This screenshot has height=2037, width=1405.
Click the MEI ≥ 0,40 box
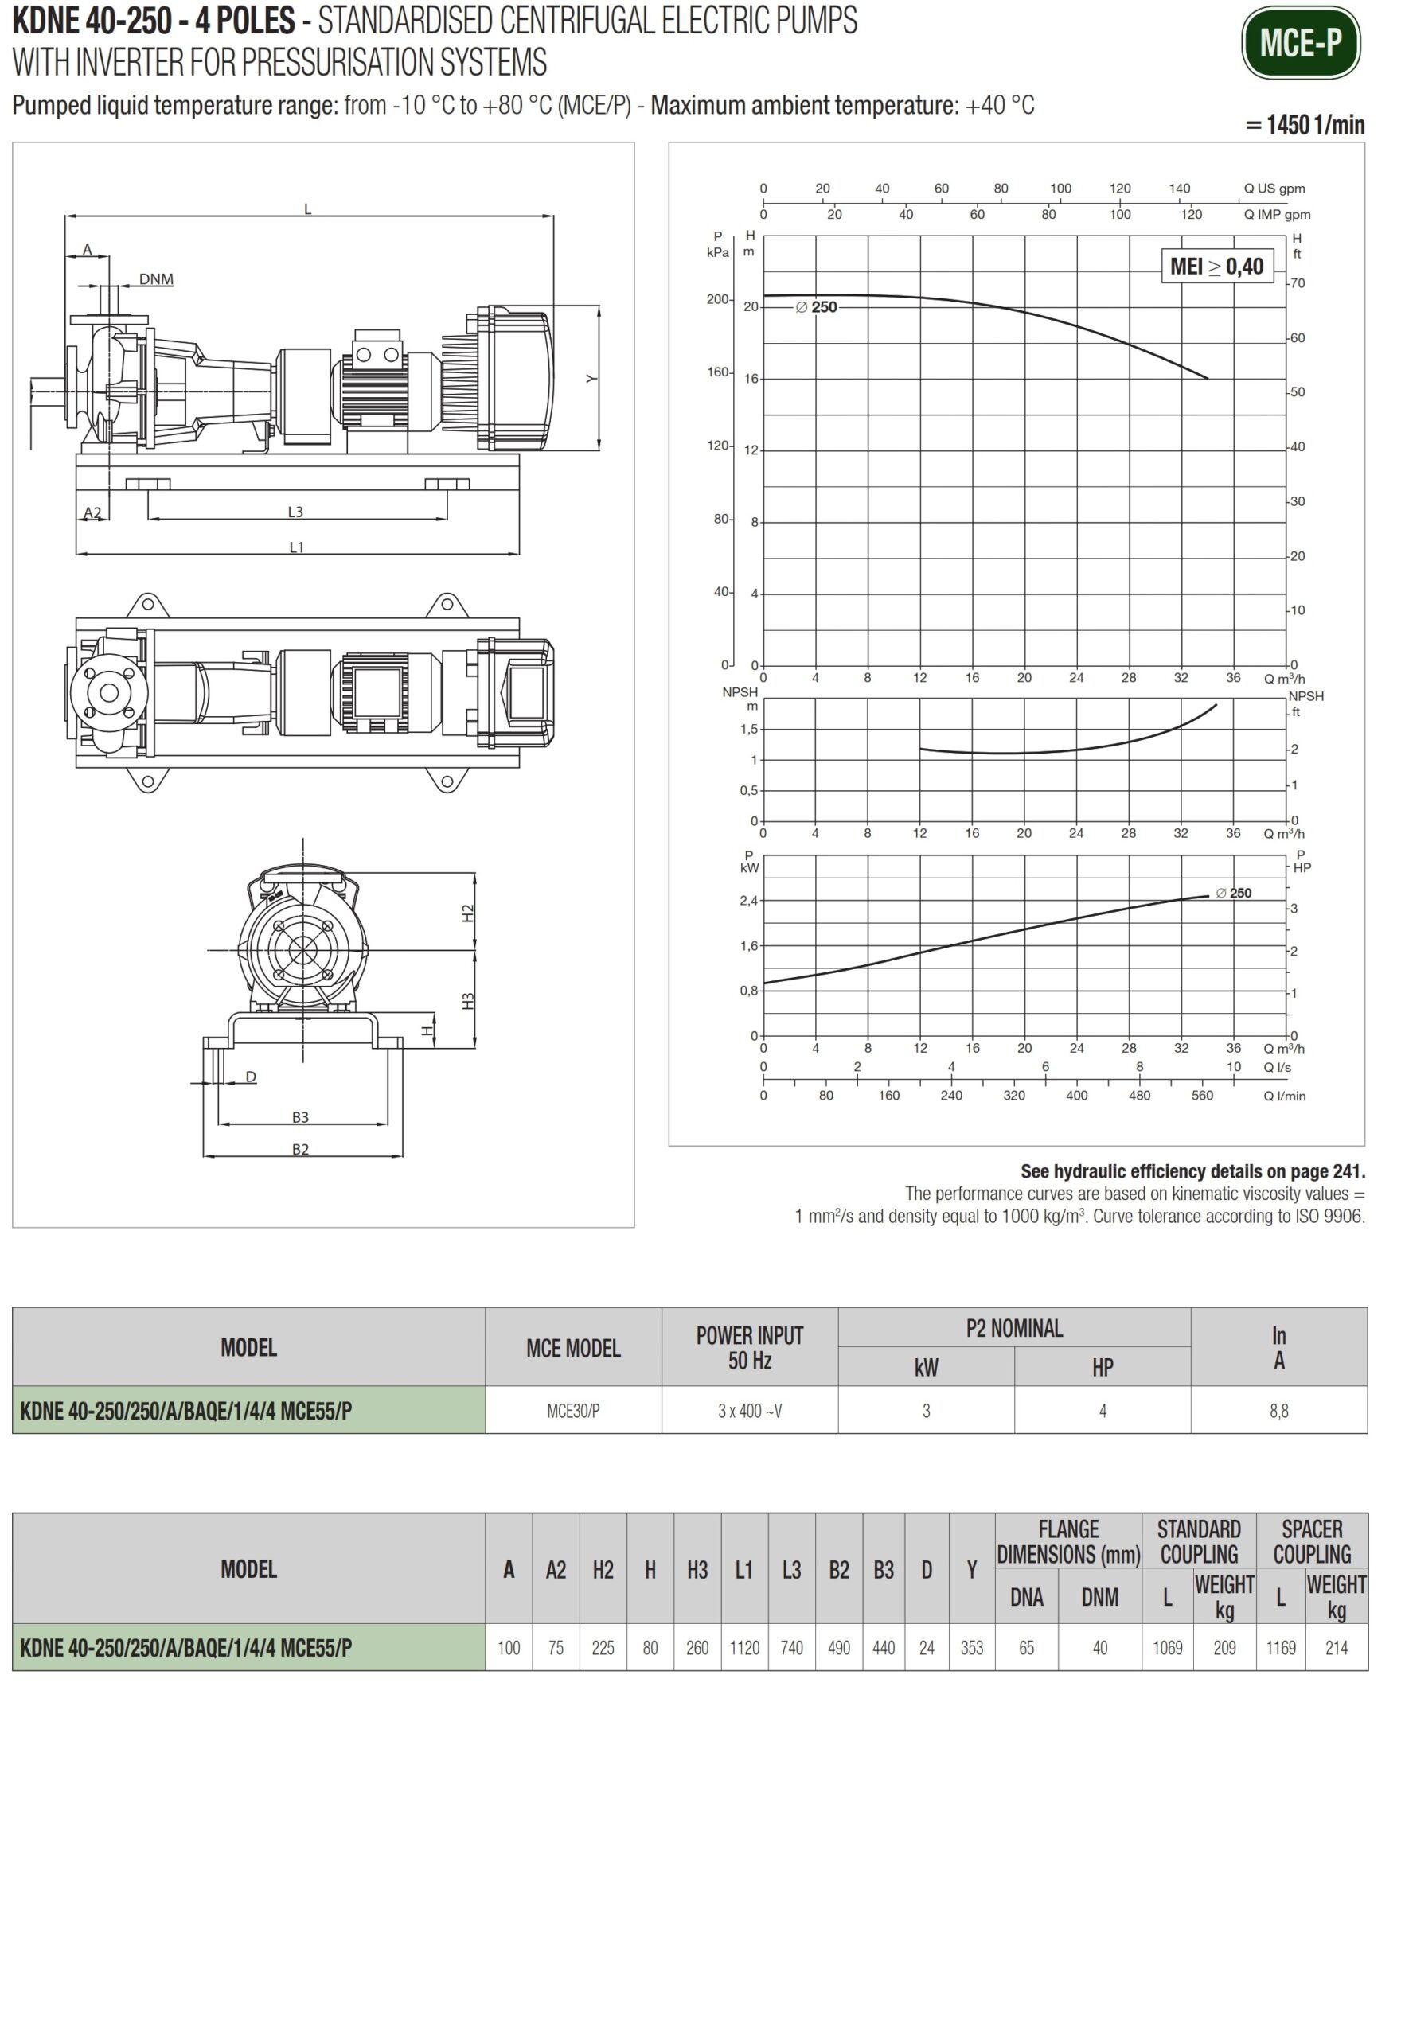click(1216, 267)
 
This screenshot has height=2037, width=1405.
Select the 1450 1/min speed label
click(1305, 125)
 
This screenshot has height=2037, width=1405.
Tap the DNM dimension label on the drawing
click(156, 280)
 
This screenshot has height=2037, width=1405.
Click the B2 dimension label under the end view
click(300, 1149)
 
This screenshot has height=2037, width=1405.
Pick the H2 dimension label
click(467, 913)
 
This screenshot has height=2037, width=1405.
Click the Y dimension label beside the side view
click(591, 380)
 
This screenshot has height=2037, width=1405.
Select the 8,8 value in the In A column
click(1278, 1412)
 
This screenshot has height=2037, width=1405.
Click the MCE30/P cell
click(573, 1412)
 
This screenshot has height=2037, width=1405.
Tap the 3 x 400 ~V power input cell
click(749, 1412)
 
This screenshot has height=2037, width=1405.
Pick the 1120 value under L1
click(743, 1648)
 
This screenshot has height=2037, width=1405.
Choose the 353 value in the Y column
click(972, 1648)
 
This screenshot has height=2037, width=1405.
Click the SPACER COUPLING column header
click(1312, 1541)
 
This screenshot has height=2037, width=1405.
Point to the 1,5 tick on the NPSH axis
click(748, 730)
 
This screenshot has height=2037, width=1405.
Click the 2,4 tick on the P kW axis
click(748, 901)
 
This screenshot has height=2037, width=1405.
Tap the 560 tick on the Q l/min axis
click(1202, 1096)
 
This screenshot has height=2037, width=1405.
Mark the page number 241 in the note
click(1347, 1171)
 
